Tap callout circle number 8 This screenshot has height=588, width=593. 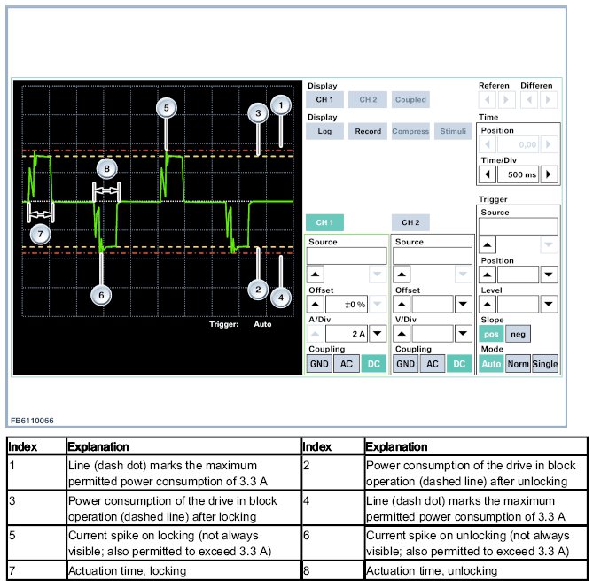coord(106,166)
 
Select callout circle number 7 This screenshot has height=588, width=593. coord(38,234)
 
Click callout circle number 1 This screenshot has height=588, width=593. coord(280,105)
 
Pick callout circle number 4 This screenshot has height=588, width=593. coord(280,297)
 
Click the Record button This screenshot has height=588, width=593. coord(368,131)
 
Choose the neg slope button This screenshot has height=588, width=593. coord(518,333)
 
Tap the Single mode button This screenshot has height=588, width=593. coord(545,364)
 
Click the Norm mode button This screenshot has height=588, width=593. coord(518,364)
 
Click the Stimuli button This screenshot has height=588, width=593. coord(454,131)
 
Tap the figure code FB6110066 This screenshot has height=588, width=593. coord(32,420)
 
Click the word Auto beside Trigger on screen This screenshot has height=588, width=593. coord(262,324)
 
